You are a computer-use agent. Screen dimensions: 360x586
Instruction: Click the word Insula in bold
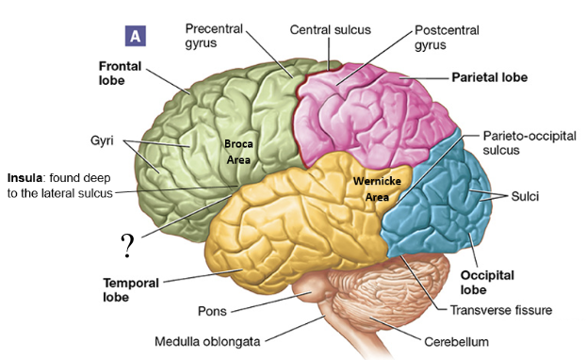coord(25,177)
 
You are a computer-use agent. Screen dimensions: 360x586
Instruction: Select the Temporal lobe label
coord(131,288)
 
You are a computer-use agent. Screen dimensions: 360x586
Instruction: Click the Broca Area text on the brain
coord(237,151)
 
